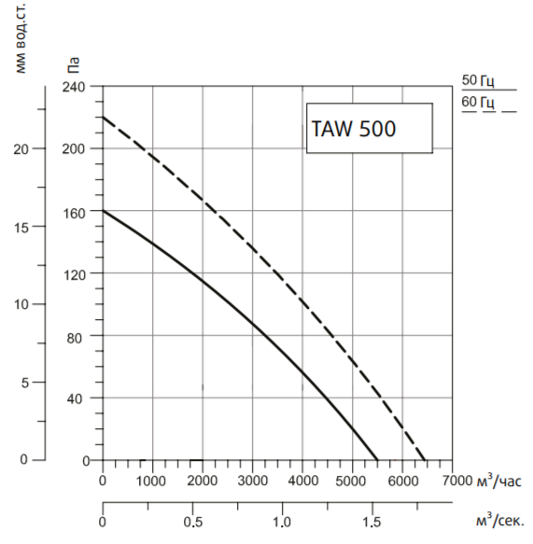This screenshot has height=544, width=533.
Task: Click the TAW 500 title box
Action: coord(370,128)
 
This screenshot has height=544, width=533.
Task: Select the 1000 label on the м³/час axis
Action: coord(152,481)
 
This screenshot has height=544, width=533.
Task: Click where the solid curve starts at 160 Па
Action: coord(103,212)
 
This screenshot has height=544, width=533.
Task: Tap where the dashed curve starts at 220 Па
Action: coord(103,118)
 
